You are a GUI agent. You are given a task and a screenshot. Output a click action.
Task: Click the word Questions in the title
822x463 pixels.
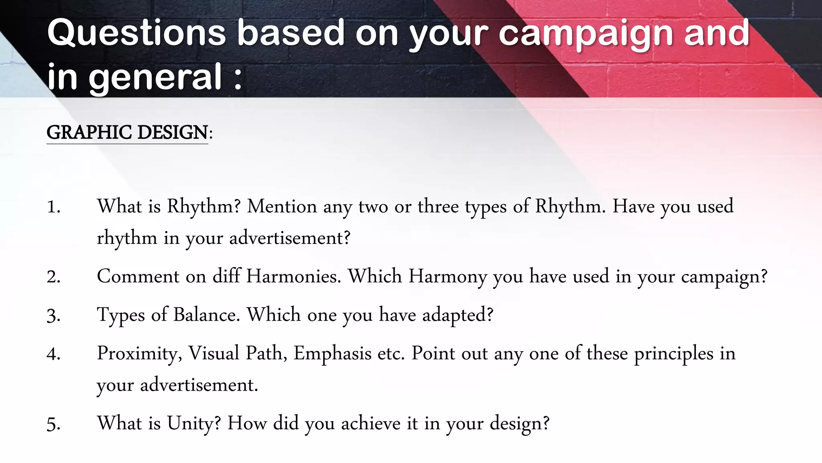point(136,33)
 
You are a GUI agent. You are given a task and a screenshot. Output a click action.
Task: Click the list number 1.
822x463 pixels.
point(53,207)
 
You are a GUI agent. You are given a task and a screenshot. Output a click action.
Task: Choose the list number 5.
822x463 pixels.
point(53,424)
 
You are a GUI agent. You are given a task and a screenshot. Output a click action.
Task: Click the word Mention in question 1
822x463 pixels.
point(282,207)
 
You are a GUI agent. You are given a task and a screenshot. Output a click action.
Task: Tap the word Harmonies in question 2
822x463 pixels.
point(293,277)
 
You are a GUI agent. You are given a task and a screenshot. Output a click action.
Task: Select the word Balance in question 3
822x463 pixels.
point(206,315)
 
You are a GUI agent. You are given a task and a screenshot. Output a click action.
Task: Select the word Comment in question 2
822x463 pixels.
point(138,277)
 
